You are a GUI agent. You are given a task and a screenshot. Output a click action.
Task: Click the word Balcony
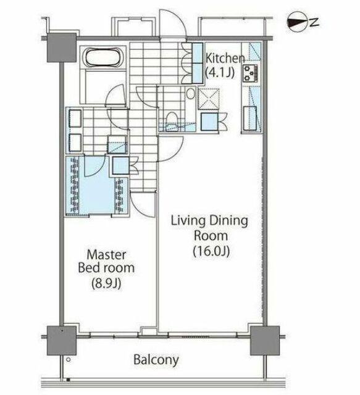156,360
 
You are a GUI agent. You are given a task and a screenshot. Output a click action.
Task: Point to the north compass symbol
298,22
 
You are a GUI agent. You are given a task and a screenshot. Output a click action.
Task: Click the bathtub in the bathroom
103,57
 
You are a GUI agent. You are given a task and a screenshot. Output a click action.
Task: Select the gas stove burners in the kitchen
250,73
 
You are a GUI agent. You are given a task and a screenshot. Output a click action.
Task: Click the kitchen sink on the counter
249,118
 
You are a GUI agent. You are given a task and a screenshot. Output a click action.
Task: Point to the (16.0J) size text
211,251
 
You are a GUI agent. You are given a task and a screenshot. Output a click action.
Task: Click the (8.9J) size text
106,283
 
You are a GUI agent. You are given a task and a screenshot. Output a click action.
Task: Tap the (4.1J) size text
220,73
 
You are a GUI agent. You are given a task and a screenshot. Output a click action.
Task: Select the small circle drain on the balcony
68,360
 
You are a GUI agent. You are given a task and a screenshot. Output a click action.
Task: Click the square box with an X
208,99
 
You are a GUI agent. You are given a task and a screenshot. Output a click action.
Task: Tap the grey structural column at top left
62,48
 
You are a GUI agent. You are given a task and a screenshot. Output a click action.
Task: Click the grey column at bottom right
265,341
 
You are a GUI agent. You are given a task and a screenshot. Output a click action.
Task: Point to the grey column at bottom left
62,341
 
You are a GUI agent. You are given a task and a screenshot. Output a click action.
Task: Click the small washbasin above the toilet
191,94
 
